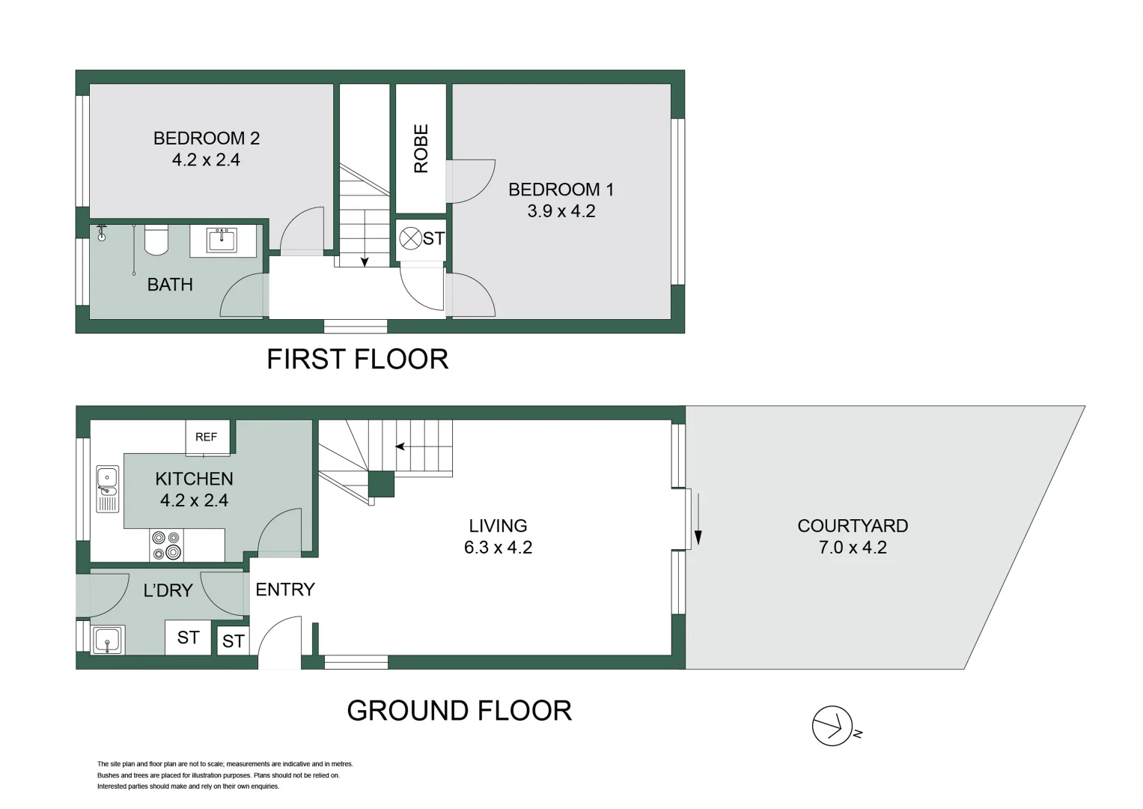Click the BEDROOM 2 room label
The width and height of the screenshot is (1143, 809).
click(x=206, y=139)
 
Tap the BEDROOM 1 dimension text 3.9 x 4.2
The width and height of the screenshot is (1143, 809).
click(x=561, y=211)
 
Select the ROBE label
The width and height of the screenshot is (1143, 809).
click(x=421, y=148)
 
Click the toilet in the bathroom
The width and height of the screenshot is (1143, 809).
click(x=156, y=238)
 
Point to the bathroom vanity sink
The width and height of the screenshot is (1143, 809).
click(x=222, y=240)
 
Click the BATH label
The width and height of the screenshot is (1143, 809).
click(x=170, y=285)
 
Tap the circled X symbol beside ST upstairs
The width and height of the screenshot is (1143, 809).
click(x=409, y=239)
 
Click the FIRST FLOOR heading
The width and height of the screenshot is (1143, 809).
click(x=357, y=360)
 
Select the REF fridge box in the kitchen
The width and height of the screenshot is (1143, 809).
click(x=207, y=437)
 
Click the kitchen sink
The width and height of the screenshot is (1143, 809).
click(x=107, y=488)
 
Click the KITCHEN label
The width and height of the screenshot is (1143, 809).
click(x=194, y=479)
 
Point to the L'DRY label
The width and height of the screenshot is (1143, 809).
click(x=168, y=590)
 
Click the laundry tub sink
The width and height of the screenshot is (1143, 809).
click(x=108, y=640)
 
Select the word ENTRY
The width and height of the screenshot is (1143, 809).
click(x=284, y=590)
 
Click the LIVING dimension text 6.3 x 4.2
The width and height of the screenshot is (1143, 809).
click(x=498, y=548)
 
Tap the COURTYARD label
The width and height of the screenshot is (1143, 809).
click(x=853, y=526)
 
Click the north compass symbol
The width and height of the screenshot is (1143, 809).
click(x=832, y=726)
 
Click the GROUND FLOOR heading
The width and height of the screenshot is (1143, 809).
click(x=459, y=711)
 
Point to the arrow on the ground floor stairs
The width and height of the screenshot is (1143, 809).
click(x=400, y=446)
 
